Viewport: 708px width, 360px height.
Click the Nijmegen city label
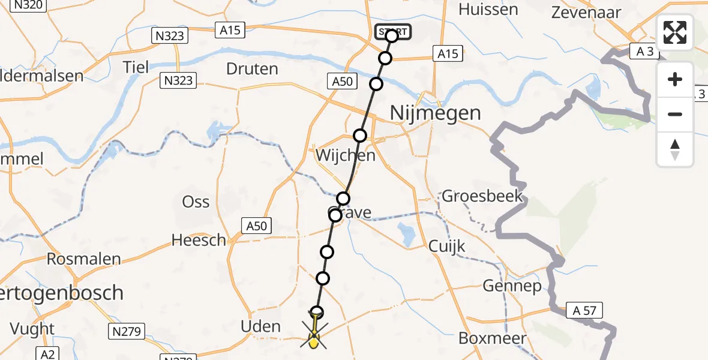tap(435, 113)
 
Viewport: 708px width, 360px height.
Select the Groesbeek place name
tap(482, 196)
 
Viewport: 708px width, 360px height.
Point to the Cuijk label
tap(447, 247)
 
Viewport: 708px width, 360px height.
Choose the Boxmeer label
tap(493, 338)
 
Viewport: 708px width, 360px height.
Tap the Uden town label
tap(260, 326)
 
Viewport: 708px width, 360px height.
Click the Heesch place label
tap(199, 241)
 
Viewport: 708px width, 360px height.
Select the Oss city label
tap(196, 202)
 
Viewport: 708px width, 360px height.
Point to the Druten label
tap(252, 69)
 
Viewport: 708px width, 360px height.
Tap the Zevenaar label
tap(586, 11)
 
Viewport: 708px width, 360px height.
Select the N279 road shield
tap(125, 331)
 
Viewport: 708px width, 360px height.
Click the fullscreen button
tap(675, 32)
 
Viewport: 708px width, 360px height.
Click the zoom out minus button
tap(675, 114)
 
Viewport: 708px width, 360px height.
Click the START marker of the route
tap(393, 32)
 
